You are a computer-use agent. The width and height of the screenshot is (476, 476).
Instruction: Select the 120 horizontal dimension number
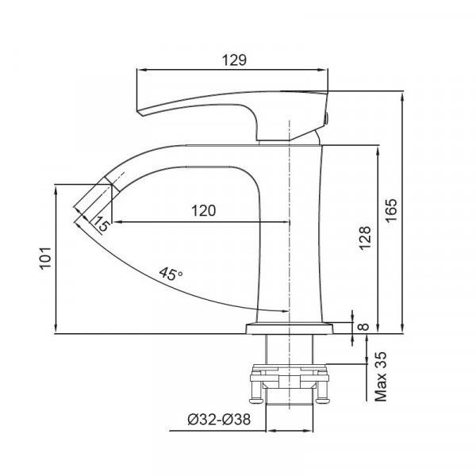(204, 210)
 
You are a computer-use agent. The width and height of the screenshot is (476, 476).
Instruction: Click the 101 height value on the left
(45, 258)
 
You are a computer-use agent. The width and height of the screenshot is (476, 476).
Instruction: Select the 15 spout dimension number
(101, 224)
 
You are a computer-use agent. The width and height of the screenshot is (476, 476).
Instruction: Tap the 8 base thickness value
(364, 326)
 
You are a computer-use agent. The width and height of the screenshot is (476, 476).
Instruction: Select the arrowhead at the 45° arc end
(281, 311)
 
